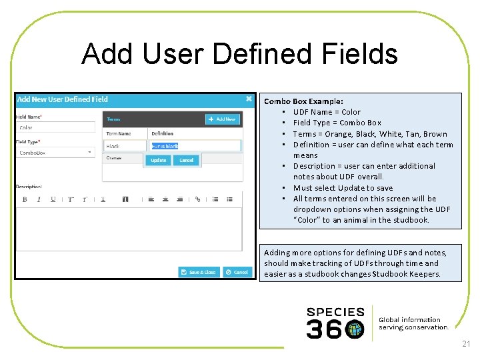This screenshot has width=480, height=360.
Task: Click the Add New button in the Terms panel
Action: [x=222, y=119]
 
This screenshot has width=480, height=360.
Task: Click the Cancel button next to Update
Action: [x=186, y=160]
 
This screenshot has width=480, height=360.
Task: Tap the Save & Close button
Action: [x=199, y=272]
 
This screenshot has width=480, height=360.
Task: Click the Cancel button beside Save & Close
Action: [x=237, y=272]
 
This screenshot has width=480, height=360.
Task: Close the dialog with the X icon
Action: [x=249, y=99]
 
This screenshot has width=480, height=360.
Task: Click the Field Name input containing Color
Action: [x=56, y=127]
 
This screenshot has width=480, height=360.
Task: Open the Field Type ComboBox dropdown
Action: [x=56, y=153]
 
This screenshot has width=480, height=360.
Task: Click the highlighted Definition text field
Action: [x=195, y=146]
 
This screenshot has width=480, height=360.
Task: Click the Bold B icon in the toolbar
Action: [x=25, y=199]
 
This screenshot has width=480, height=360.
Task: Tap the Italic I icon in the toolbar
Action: [x=39, y=199]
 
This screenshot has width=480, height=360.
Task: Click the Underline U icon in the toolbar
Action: [x=53, y=199]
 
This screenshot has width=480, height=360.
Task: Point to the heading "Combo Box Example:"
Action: [x=303, y=101]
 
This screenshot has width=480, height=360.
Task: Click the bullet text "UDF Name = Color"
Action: [x=327, y=112]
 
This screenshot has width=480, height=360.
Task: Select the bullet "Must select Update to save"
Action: [x=343, y=188]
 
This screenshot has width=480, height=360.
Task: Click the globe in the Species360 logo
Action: [x=355, y=329]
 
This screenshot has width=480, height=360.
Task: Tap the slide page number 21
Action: [x=465, y=344]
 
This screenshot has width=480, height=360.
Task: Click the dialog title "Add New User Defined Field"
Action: [x=63, y=99]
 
